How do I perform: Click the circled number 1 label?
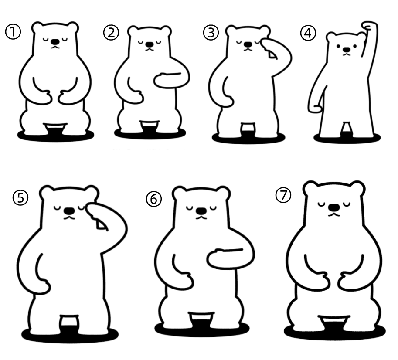click(13, 32)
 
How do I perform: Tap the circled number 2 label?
click(111, 33)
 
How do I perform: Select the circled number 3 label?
click(211, 33)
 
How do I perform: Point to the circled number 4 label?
click(308, 33)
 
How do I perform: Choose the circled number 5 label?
click(20, 198)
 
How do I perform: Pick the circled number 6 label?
click(153, 199)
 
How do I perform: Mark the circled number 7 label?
click(283, 195)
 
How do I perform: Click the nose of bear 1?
click(55, 41)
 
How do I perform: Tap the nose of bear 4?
click(346, 49)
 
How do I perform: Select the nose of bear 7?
click(334, 207)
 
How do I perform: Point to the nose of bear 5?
click(69, 211)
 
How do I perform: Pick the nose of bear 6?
click(201, 211)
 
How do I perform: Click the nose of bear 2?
click(150, 44)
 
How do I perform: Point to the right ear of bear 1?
click(72, 27)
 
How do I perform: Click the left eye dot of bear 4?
click(338, 47)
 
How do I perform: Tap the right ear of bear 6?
click(223, 194)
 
